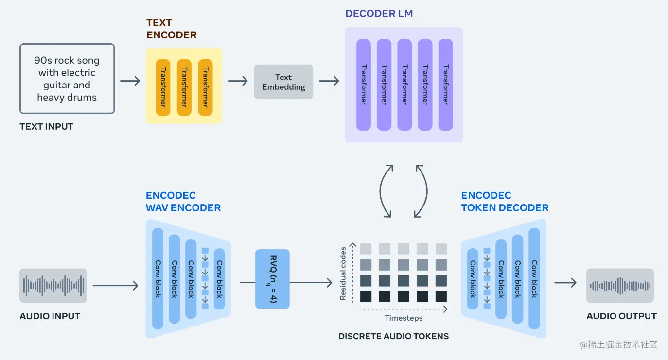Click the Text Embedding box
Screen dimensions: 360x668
[283, 82]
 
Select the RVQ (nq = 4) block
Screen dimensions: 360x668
[272, 279]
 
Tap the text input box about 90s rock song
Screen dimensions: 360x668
[67, 79]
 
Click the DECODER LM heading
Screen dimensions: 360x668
[379, 14]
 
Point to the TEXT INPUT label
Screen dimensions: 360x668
[47, 127]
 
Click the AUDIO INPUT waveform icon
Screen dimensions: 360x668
[53, 285]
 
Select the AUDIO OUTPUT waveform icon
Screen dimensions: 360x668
[620, 285]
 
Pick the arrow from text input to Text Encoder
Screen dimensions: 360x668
[130, 81]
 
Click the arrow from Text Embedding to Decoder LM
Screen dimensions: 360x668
[329, 81]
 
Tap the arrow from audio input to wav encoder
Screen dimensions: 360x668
[115, 286]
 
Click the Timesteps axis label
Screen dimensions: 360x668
[404, 318]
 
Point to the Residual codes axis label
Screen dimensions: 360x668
[343, 274]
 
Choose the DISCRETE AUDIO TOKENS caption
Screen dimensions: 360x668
[393, 336]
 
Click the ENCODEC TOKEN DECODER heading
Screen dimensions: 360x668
[505, 202]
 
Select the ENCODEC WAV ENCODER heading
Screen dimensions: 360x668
[183, 202]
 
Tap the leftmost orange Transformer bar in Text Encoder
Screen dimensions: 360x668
[163, 87]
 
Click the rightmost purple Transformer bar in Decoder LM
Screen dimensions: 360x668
[445, 85]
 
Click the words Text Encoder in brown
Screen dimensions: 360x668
[172, 29]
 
